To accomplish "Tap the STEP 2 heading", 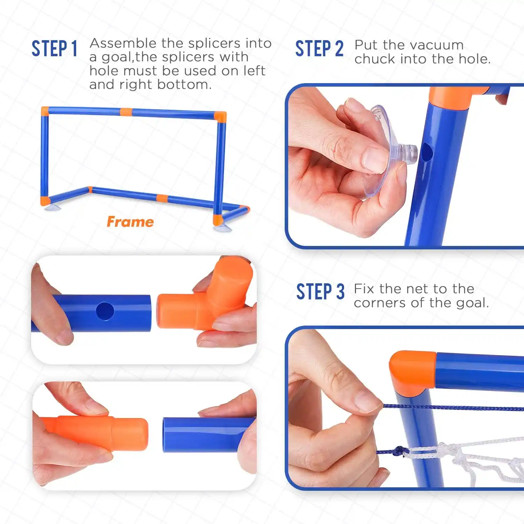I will (319, 49).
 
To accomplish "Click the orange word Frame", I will (130, 222).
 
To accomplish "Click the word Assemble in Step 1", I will (123, 43).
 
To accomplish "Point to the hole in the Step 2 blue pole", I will (427, 152).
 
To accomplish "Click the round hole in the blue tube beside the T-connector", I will (105, 311).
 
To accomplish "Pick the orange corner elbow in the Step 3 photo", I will (412, 370).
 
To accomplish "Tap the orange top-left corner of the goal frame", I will (45, 111).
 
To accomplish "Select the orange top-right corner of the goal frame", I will (220, 116).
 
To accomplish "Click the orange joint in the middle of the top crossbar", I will (126, 112).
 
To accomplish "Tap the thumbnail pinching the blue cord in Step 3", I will (367, 402).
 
